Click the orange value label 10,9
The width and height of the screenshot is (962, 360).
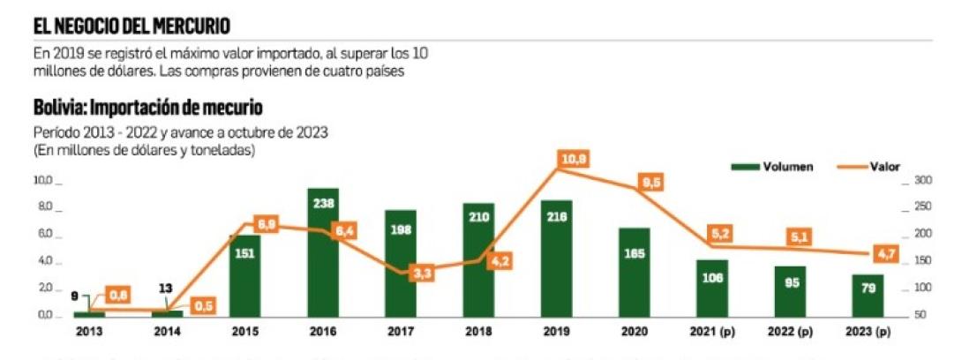pyautogui.click(x=574, y=159)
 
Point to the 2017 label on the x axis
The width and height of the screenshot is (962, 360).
pyautogui.click(x=401, y=331)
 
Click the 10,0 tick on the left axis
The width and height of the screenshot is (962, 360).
pyautogui.click(x=43, y=181)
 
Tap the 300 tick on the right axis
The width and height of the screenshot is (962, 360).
pyautogui.click(x=922, y=181)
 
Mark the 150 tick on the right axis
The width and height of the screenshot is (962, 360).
pyautogui.click(x=922, y=262)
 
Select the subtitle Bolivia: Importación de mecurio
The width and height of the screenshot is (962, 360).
pyautogui.click(x=148, y=109)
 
